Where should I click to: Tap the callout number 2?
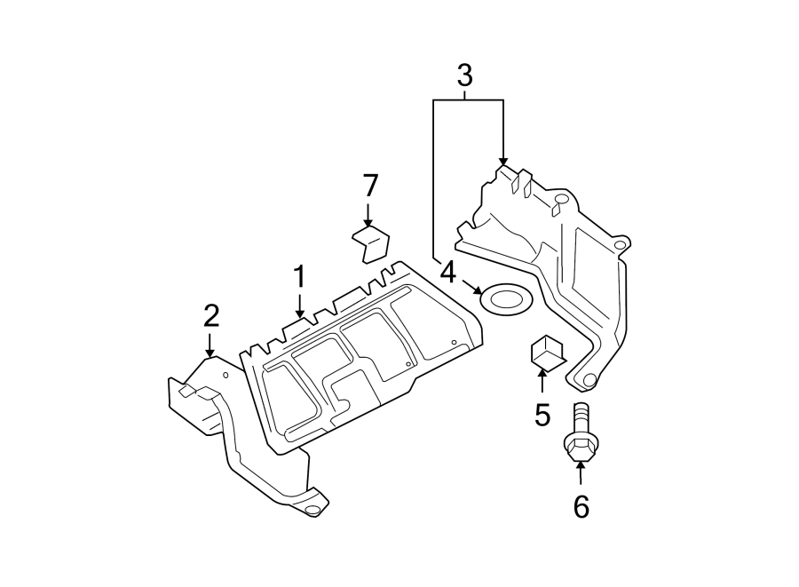coord(210,316)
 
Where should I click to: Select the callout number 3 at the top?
coord(464,76)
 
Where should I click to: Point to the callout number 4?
coord(447,273)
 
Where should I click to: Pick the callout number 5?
coord(542,415)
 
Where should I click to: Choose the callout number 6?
coord(581,506)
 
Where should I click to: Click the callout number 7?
coord(370,186)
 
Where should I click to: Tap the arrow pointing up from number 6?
coord(580,472)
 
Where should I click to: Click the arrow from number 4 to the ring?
coord(471,287)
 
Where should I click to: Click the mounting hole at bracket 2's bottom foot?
coord(312,511)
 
